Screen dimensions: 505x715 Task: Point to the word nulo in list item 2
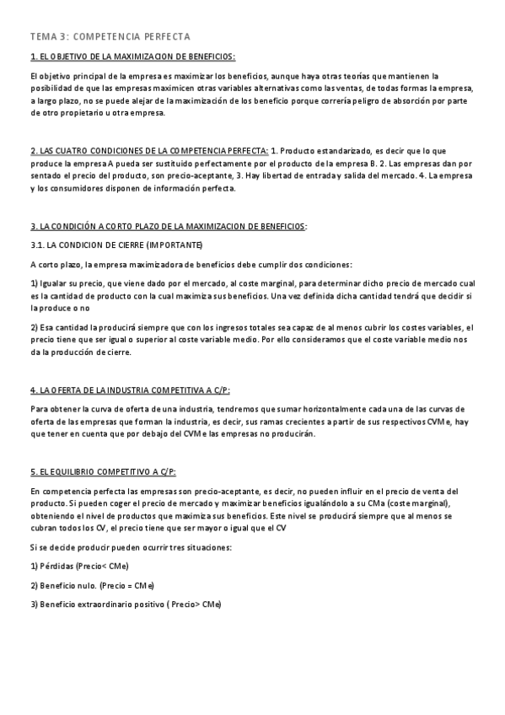pyautogui.click(x=83, y=585)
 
